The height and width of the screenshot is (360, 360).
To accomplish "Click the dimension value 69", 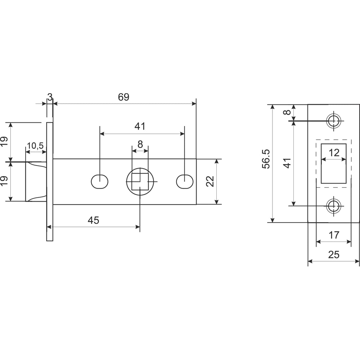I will [123, 97].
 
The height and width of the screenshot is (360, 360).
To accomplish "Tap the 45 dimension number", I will [93, 220].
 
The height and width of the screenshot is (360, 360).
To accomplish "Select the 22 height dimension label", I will [210, 181].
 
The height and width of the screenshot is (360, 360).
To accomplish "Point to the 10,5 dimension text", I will [35, 146].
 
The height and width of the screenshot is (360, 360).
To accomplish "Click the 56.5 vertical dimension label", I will [266, 159].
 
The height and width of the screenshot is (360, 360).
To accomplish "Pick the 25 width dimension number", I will [334, 255].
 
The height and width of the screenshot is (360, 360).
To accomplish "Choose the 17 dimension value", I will [334, 235].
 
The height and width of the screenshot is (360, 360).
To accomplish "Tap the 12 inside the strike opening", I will [334, 153].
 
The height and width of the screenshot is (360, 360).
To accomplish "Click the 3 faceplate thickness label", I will [50, 96].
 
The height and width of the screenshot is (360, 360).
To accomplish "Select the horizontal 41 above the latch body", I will [140, 126].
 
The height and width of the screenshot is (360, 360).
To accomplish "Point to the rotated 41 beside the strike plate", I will [287, 163].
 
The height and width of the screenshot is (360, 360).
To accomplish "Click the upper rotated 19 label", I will [4, 141].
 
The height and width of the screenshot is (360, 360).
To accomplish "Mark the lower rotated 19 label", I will [4, 181].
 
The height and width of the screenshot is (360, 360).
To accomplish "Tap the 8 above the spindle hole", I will [140, 144].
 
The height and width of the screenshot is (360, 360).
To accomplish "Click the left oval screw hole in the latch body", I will [100, 181].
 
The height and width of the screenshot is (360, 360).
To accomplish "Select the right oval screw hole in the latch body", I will [184, 181].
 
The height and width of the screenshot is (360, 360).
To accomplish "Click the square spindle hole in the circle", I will [140, 181].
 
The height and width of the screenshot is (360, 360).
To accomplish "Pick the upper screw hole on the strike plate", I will [334, 121].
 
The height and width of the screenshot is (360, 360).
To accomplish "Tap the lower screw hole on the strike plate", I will [334, 206].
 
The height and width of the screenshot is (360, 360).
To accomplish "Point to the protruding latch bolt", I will [36, 181].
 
